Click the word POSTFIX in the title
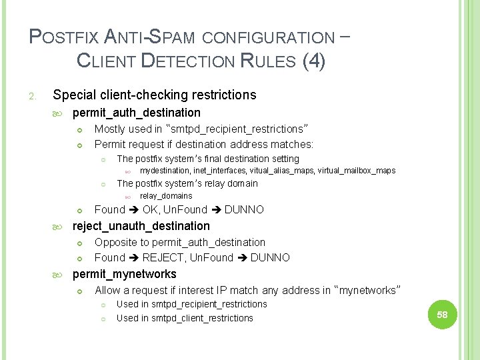60,37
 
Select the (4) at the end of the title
314,61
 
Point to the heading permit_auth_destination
136,113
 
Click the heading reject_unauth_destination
141,226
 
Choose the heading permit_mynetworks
124,274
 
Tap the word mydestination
165,171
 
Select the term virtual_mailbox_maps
357,171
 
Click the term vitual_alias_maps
281,171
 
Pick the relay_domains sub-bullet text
165,196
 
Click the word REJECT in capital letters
163,257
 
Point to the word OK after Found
151,209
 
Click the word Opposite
116,242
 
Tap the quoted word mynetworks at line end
369,290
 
